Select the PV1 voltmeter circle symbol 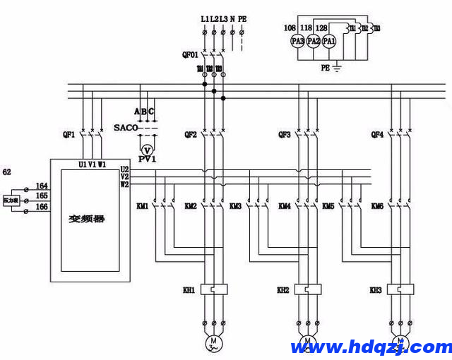147,150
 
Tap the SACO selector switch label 126,128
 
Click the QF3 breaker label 285,134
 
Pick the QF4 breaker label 378,134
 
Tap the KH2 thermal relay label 283,289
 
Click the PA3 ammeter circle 297,42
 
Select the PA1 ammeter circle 330,42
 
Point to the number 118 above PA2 306,28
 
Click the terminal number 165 42,195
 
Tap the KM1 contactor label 142,206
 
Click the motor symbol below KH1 213,344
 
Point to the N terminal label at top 232,18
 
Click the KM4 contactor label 285,206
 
